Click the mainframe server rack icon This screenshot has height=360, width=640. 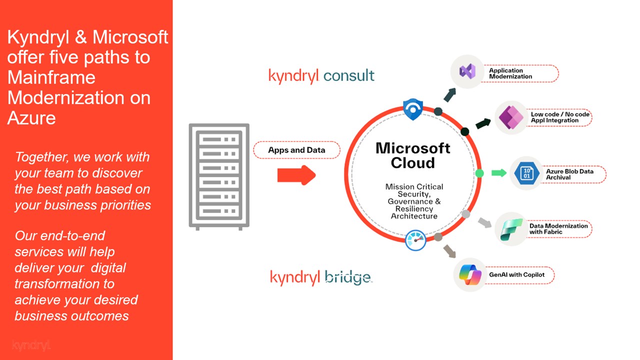pos(219,176)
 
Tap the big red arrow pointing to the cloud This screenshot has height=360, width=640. pos(296,175)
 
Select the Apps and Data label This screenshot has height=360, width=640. pos(296,150)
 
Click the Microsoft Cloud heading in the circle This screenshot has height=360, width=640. pos(412,155)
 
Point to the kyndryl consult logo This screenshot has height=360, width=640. pos(321,75)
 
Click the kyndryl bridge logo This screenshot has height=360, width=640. pos(320,277)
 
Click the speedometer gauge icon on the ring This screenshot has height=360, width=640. pos(415,240)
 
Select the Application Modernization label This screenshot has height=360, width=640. pos(510,73)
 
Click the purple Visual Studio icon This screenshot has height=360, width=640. pos(467,71)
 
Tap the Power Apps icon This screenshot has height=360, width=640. pos(510,117)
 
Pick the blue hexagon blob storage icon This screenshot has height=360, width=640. pos(526,173)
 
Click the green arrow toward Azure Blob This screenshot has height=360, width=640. pos(498,173)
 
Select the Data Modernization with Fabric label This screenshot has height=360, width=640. pos(558,228)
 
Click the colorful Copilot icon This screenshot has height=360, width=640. pos(470,275)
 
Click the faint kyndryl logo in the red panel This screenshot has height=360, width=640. pos(31,345)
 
